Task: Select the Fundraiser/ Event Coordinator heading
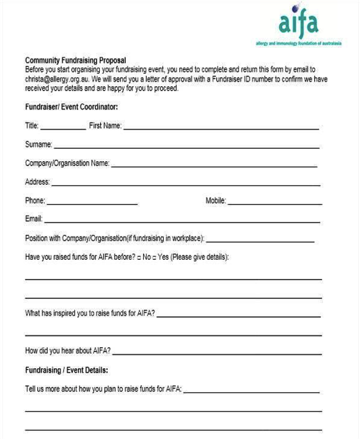coord(71,107)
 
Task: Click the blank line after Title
coord(63,128)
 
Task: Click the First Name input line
coord(221,128)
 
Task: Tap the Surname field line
coord(186,148)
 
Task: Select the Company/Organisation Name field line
coord(214,166)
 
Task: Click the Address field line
coord(185,185)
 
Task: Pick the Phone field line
coord(92,203)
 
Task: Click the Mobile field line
coord(274,203)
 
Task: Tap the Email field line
coord(182,221)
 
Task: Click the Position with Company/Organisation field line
coord(260,241)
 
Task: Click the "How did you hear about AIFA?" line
coord(217,353)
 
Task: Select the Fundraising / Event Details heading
coord(67,370)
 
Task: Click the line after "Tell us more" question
coord(252,392)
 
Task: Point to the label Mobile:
coord(216,201)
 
